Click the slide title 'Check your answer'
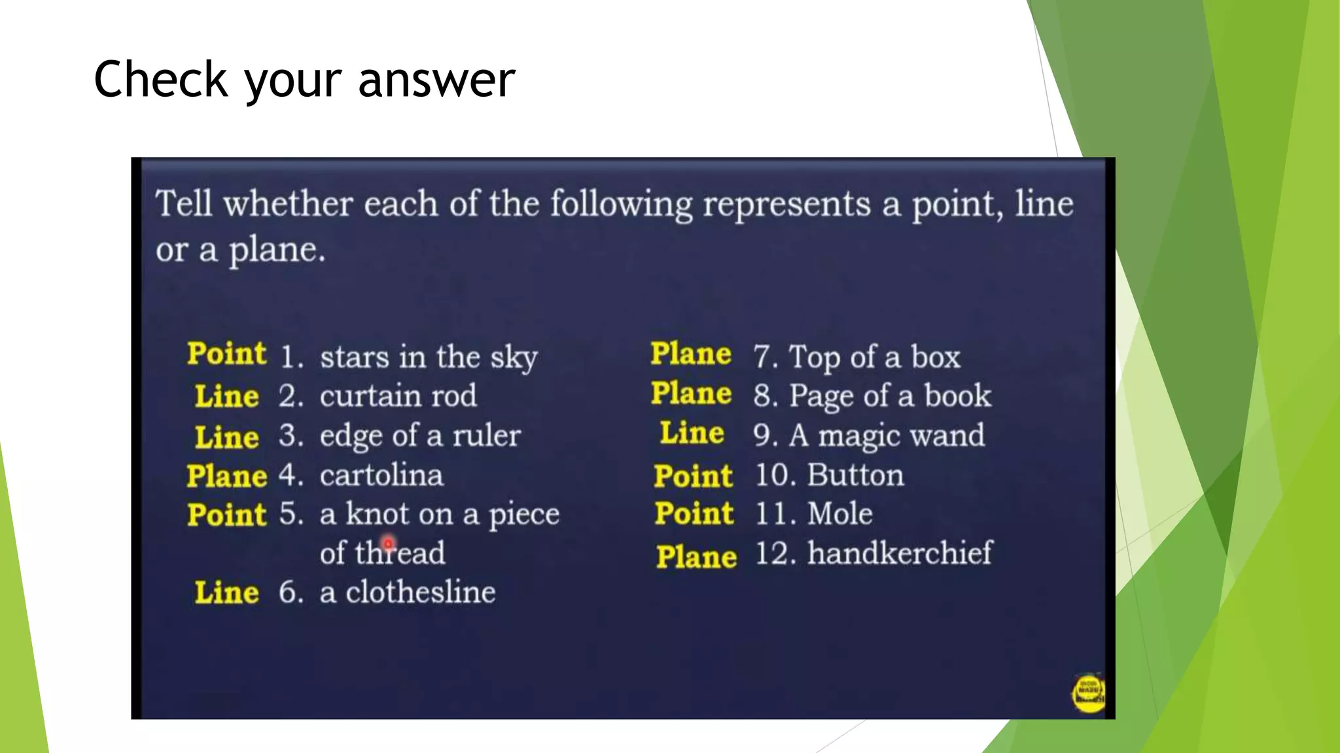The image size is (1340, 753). (304, 80)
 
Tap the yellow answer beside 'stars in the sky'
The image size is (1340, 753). (226, 354)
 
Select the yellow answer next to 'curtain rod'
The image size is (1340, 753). (226, 396)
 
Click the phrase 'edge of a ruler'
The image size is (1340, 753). (420, 435)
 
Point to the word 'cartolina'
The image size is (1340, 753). (381, 475)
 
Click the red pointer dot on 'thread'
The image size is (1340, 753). (389, 543)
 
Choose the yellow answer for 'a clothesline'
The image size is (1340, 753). (226, 592)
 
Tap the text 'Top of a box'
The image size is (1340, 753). (874, 357)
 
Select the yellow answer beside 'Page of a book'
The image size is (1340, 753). (691, 393)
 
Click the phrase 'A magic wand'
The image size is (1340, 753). (887, 435)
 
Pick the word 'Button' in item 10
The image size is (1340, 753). (855, 475)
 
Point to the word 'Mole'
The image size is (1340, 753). (839, 514)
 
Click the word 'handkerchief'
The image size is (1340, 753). (900, 553)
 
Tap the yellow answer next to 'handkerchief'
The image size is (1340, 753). (696, 557)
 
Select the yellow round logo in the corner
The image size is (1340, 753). (1087, 693)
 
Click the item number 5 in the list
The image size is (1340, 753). (290, 514)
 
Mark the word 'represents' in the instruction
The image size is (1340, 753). (786, 204)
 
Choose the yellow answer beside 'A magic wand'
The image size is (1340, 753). (692, 433)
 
